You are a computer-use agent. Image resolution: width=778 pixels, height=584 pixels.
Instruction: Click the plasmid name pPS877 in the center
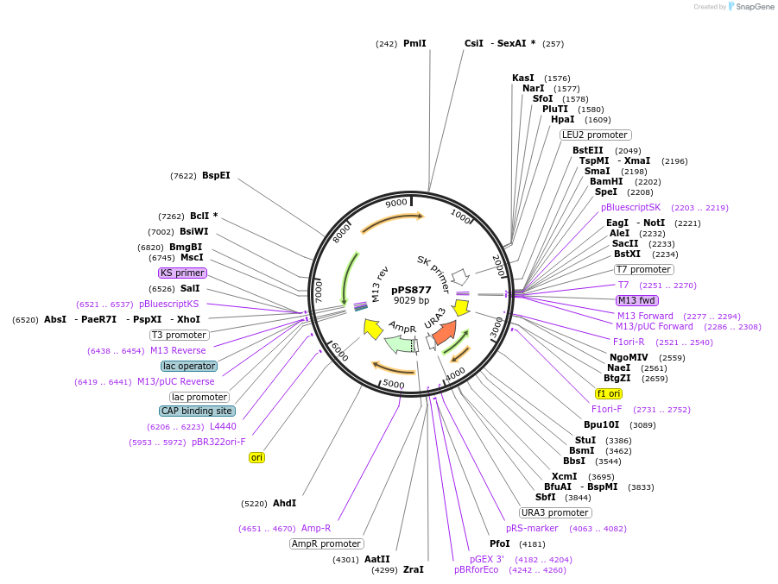point(411,290)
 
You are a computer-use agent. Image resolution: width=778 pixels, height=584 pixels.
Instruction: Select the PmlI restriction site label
point(414,44)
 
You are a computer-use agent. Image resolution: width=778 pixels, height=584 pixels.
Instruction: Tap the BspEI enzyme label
point(216,175)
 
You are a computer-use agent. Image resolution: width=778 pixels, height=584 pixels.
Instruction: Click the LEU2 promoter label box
point(596,135)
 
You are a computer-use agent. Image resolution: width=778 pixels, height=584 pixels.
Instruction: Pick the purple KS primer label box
point(182,273)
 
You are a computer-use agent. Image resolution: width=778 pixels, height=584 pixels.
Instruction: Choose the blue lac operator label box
point(189,366)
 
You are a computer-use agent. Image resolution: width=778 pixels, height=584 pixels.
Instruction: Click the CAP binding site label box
point(197,411)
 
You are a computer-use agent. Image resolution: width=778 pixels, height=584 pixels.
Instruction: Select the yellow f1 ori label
point(609,393)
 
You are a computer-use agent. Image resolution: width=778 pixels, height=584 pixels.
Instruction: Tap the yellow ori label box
point(256,457)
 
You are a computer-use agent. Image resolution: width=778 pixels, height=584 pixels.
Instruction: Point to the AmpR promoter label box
point(326,543)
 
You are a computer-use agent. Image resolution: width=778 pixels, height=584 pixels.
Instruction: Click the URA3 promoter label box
point(555,512)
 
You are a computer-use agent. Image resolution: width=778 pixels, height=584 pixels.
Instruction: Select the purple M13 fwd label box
point(637,300)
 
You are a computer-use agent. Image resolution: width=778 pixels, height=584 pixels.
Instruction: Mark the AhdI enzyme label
point(284,503)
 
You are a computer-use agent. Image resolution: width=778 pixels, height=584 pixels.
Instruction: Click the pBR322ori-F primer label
point(218,442)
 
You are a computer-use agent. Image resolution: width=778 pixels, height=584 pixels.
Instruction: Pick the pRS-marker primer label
point(532,529)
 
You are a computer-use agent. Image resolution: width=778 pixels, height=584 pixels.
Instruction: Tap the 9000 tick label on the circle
point(396,203)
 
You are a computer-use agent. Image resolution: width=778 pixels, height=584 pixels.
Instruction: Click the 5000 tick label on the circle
point(394,384)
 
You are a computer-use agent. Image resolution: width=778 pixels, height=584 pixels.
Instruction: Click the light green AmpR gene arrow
point(400,343)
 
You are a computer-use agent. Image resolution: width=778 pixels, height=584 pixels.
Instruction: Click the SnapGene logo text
point(755,6)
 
